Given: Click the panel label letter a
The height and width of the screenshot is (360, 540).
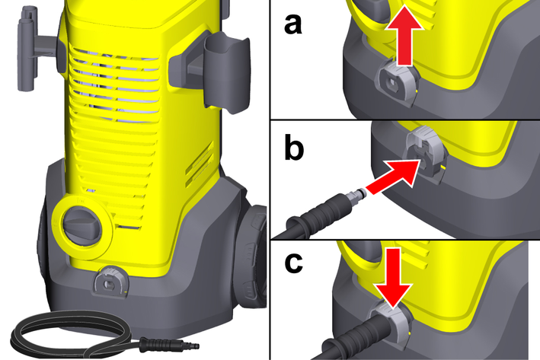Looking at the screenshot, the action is coord(292,25).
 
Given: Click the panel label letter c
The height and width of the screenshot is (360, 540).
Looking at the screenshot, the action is coord(294,263).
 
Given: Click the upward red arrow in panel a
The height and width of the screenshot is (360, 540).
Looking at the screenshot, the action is coord(404,35).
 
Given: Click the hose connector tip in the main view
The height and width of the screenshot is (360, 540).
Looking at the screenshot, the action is coord(192,343).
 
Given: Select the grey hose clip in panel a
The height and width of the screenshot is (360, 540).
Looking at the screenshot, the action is coord(398,82).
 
